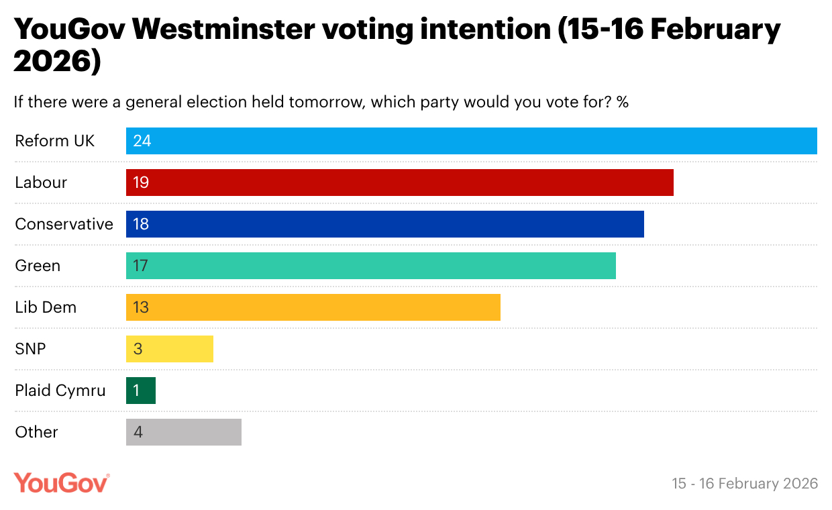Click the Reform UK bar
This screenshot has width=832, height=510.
(x=471, y=141)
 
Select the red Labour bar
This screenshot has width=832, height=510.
(x=399, y=183)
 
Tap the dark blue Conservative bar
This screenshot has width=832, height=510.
(x=384, y=224)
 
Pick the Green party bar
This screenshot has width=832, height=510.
(x=370, y=266)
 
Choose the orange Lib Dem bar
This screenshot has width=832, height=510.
(x=313, y=307)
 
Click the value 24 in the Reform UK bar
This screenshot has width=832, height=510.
(x=142, y=141)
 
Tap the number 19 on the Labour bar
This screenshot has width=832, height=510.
(x=140, y=183)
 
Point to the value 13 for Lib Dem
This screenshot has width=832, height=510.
(x=140, y=307)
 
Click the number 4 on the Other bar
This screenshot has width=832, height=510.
(x=138, y=432)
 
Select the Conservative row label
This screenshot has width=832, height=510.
(x=64, y=224)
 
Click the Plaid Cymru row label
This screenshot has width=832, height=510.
(x=60, y=391)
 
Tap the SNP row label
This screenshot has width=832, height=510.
(x=30, y=349)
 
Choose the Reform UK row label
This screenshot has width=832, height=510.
(x=55, y=141)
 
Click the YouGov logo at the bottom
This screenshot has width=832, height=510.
(x=62, y=482)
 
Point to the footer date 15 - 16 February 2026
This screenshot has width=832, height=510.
(x=745, y=483)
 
